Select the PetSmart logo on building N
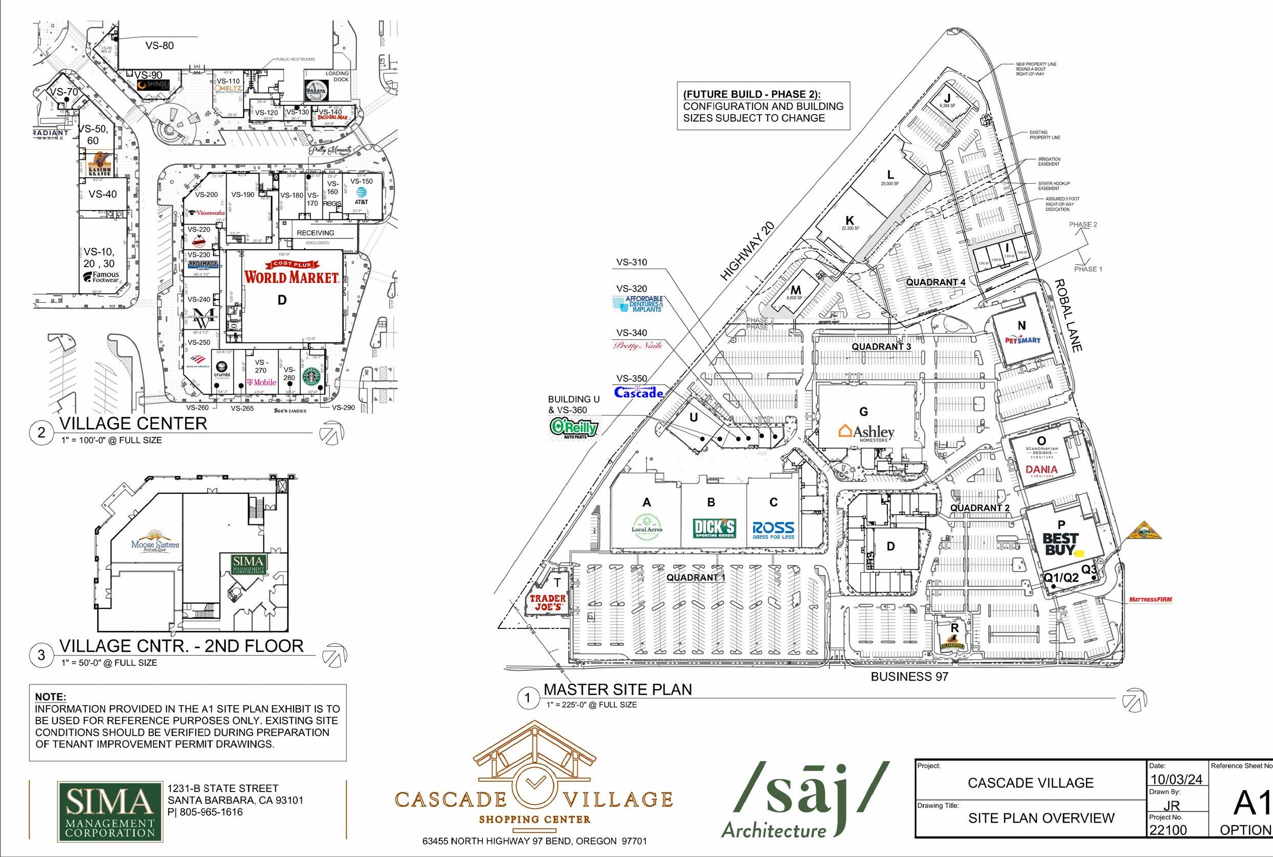(1022, 340)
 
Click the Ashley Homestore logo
(866, 432)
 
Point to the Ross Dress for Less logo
(773, 530)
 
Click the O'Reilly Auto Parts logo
(574, 428)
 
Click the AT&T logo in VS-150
(361, 194)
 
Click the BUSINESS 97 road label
(909, 676)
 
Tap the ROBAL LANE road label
(1068, 315)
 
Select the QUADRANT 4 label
(935, 282)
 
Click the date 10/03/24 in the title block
(1176, 779)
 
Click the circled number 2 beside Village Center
(41, 432)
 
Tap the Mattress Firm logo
(1150, 600)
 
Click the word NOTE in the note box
(50, 697)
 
